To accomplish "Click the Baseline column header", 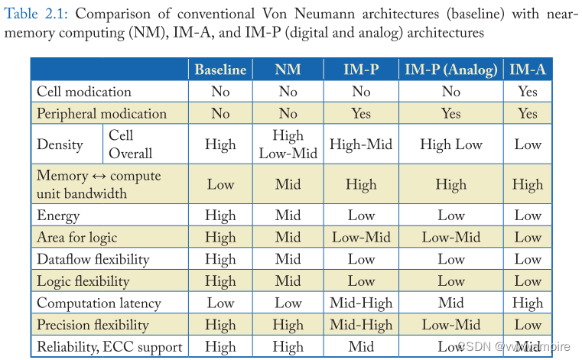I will coord(220,70).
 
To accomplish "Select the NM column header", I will coord(288,70).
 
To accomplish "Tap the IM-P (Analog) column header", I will coord(450,70).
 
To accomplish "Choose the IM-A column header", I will coord(528,70).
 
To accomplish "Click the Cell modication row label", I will coord(84,92).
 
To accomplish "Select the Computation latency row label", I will coord(99,303).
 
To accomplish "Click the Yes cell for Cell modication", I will coord(528,92).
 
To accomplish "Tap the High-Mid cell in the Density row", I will coord(361,144).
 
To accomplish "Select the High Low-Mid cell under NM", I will coord(288,144).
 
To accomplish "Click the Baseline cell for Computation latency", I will coord(220,303).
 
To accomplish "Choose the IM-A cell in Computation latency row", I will coord(528,303).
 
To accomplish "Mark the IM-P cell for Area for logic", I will coord(361,238).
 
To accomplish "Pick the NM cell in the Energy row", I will coord(288,216).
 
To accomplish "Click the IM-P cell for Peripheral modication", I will coord(361,114).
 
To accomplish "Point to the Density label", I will coord(60,144).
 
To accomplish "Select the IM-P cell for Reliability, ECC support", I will coord(361,347).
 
